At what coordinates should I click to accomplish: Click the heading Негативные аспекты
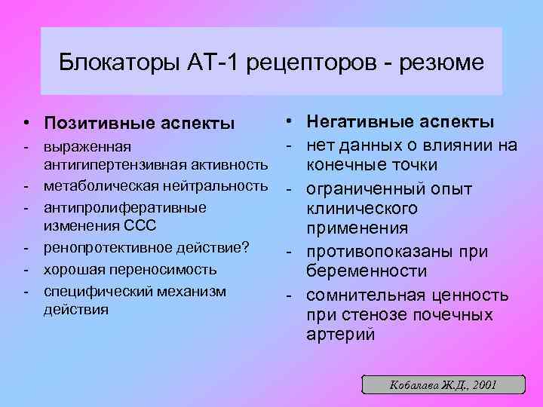(400, 122)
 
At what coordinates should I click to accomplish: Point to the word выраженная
(87, 145)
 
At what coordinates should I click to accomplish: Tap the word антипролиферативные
(124, 207)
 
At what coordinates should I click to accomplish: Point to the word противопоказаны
(375, 251)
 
